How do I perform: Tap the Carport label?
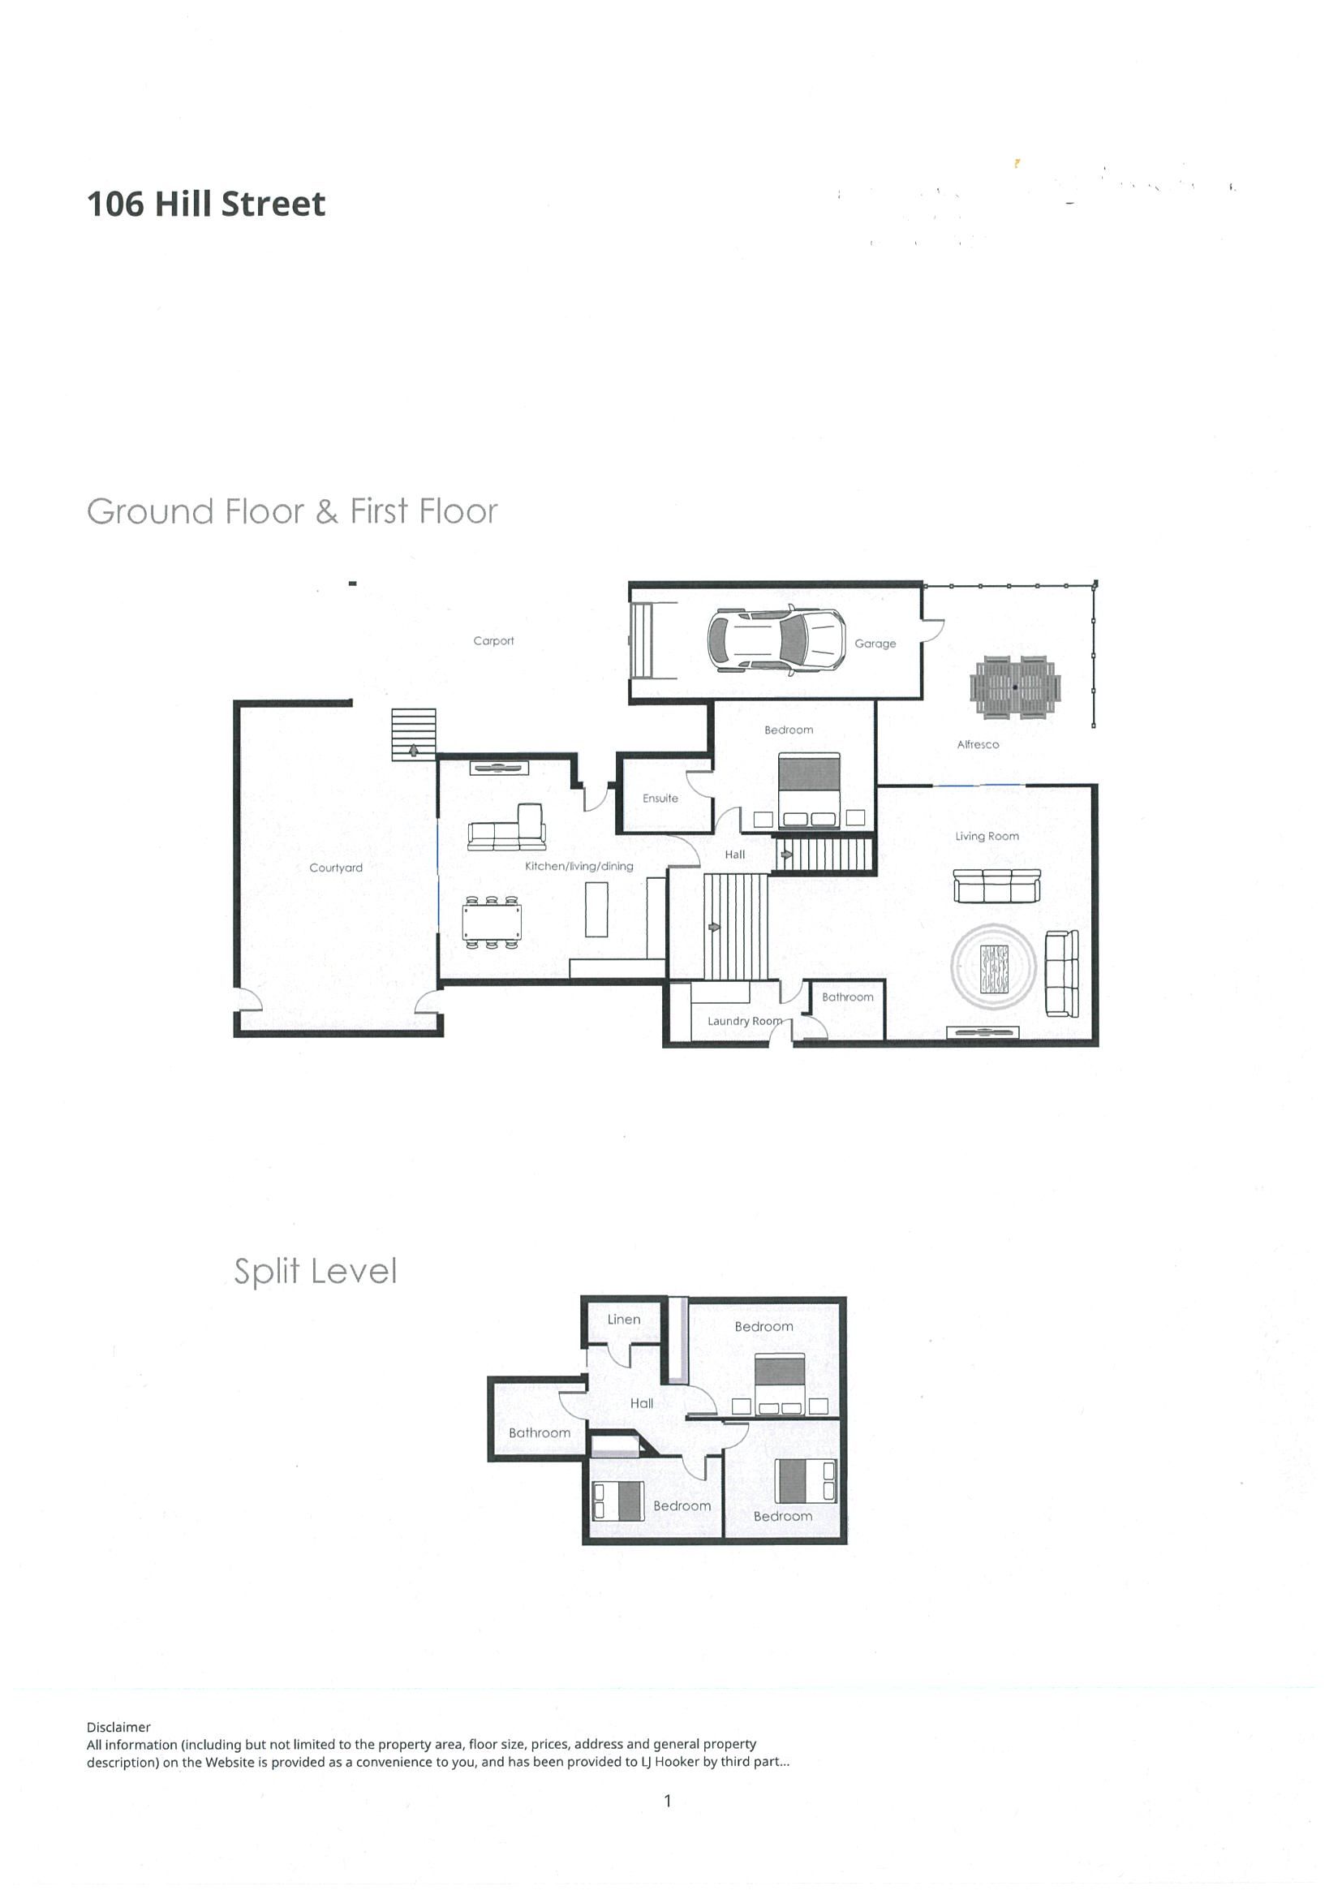[493, 640]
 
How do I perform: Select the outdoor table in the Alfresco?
[1014, 686]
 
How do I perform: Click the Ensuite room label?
[660, 798]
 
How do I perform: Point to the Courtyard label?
[336, 868]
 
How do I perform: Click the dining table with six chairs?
[491, 921]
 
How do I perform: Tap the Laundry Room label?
[745, 1021]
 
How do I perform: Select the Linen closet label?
[623, 1320]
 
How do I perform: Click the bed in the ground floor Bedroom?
[810, 790]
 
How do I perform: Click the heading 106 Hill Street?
[206, 204]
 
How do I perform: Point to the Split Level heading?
[315, 1271]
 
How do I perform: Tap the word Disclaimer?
[119, 1727]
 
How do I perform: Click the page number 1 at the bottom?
[667, 1801]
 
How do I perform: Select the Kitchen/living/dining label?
[579, 866]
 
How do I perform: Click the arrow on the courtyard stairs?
[413, 751]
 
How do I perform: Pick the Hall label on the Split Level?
[642, 1404]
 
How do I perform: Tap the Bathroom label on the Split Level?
[539, 1432]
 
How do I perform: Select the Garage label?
[875, 644]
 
